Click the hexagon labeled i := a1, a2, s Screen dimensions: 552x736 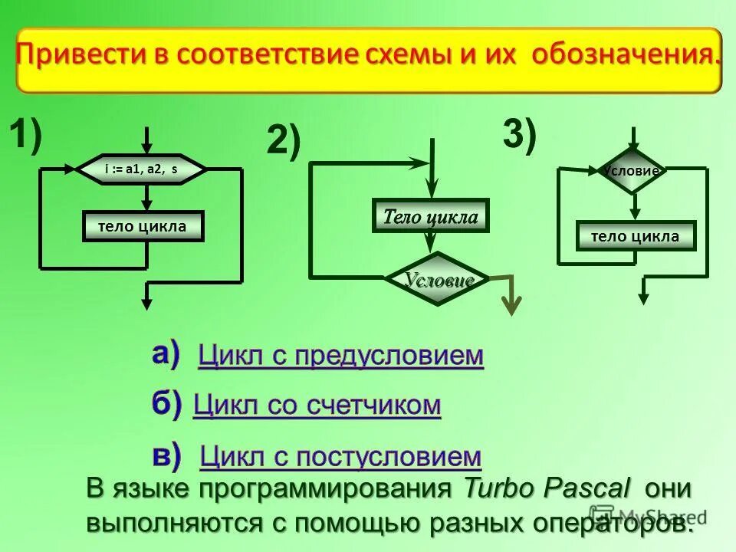click(143, 169)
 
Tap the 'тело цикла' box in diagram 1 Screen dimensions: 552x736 click(143, 226)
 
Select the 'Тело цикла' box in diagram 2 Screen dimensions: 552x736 click(430, 217)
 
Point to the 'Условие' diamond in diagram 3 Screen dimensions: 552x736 click(632, 171)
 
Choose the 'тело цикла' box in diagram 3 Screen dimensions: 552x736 click(636, 236)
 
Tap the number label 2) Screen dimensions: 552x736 click(284, 143)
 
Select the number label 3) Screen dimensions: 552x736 click(520, 135)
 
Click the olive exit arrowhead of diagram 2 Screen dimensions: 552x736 click(511, 304)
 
